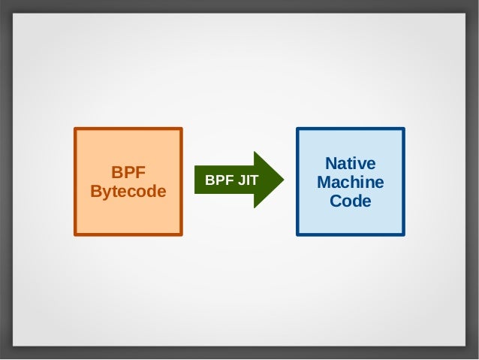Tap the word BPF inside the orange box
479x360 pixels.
click(x=128, y=172)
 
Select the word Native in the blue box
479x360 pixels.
click(x=350, y=164)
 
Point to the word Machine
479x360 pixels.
click(x=350, y=183)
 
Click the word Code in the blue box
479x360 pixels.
click(x=350, y=201)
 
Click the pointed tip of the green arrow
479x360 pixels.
click(x=284, y=180)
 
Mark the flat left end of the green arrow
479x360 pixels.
click(x=195, y=180)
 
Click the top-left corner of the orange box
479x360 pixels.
click(x=74, y=129)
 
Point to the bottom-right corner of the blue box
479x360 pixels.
click(x=404, y=234)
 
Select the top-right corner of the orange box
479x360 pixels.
click(x=182, y=129)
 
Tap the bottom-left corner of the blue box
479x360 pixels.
click(x=297, y=234)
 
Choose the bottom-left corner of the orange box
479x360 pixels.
click(x=74, y=234)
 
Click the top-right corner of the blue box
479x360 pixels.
click(x=404, y=129)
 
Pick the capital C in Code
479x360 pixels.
click(x=336, y=201)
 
